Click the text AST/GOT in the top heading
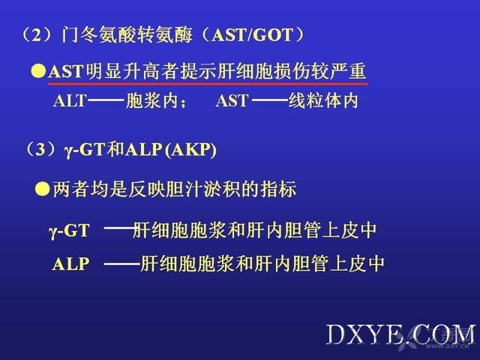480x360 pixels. point(252,35)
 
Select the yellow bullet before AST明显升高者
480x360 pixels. point(38,71)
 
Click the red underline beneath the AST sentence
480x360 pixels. point(208,83)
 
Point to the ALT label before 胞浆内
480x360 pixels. point(70,100)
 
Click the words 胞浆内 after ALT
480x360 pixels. point(152,100)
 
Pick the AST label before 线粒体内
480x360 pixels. point(232,100)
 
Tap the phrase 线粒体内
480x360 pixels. point(323,100)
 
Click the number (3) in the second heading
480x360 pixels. point(40,150)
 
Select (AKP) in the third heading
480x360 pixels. point(190,150)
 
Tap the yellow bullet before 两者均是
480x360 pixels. point(42,188)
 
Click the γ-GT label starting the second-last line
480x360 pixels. point(69,231)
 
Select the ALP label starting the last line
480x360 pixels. point(70,263)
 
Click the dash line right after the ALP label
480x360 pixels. point(122,263)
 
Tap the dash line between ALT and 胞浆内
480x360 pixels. point(106,100)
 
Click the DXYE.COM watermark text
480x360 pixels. point(401,335)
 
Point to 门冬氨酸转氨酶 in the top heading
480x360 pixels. point(127,34)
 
